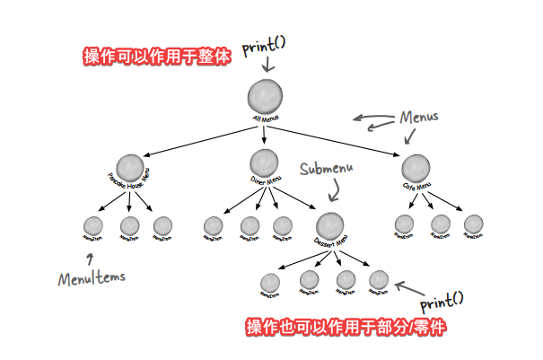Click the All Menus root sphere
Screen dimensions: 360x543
[x=265, y=95]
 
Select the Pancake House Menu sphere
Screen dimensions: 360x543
[x=130, y=168]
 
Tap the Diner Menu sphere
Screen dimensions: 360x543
[x=263, y=162]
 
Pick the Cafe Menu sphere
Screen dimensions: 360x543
[x=416, y=168]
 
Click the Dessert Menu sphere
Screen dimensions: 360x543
[x=329, y=225]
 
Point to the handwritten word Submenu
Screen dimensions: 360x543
[x=327, y=169]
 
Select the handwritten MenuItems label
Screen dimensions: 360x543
[x=90, y=277]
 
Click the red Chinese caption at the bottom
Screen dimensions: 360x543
[x=346, y=327]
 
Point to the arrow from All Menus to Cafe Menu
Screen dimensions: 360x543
[x=341, y=144]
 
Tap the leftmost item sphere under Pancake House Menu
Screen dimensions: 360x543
[x=93, y=225]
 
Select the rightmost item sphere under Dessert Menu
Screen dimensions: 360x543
[x=379, y=280]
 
